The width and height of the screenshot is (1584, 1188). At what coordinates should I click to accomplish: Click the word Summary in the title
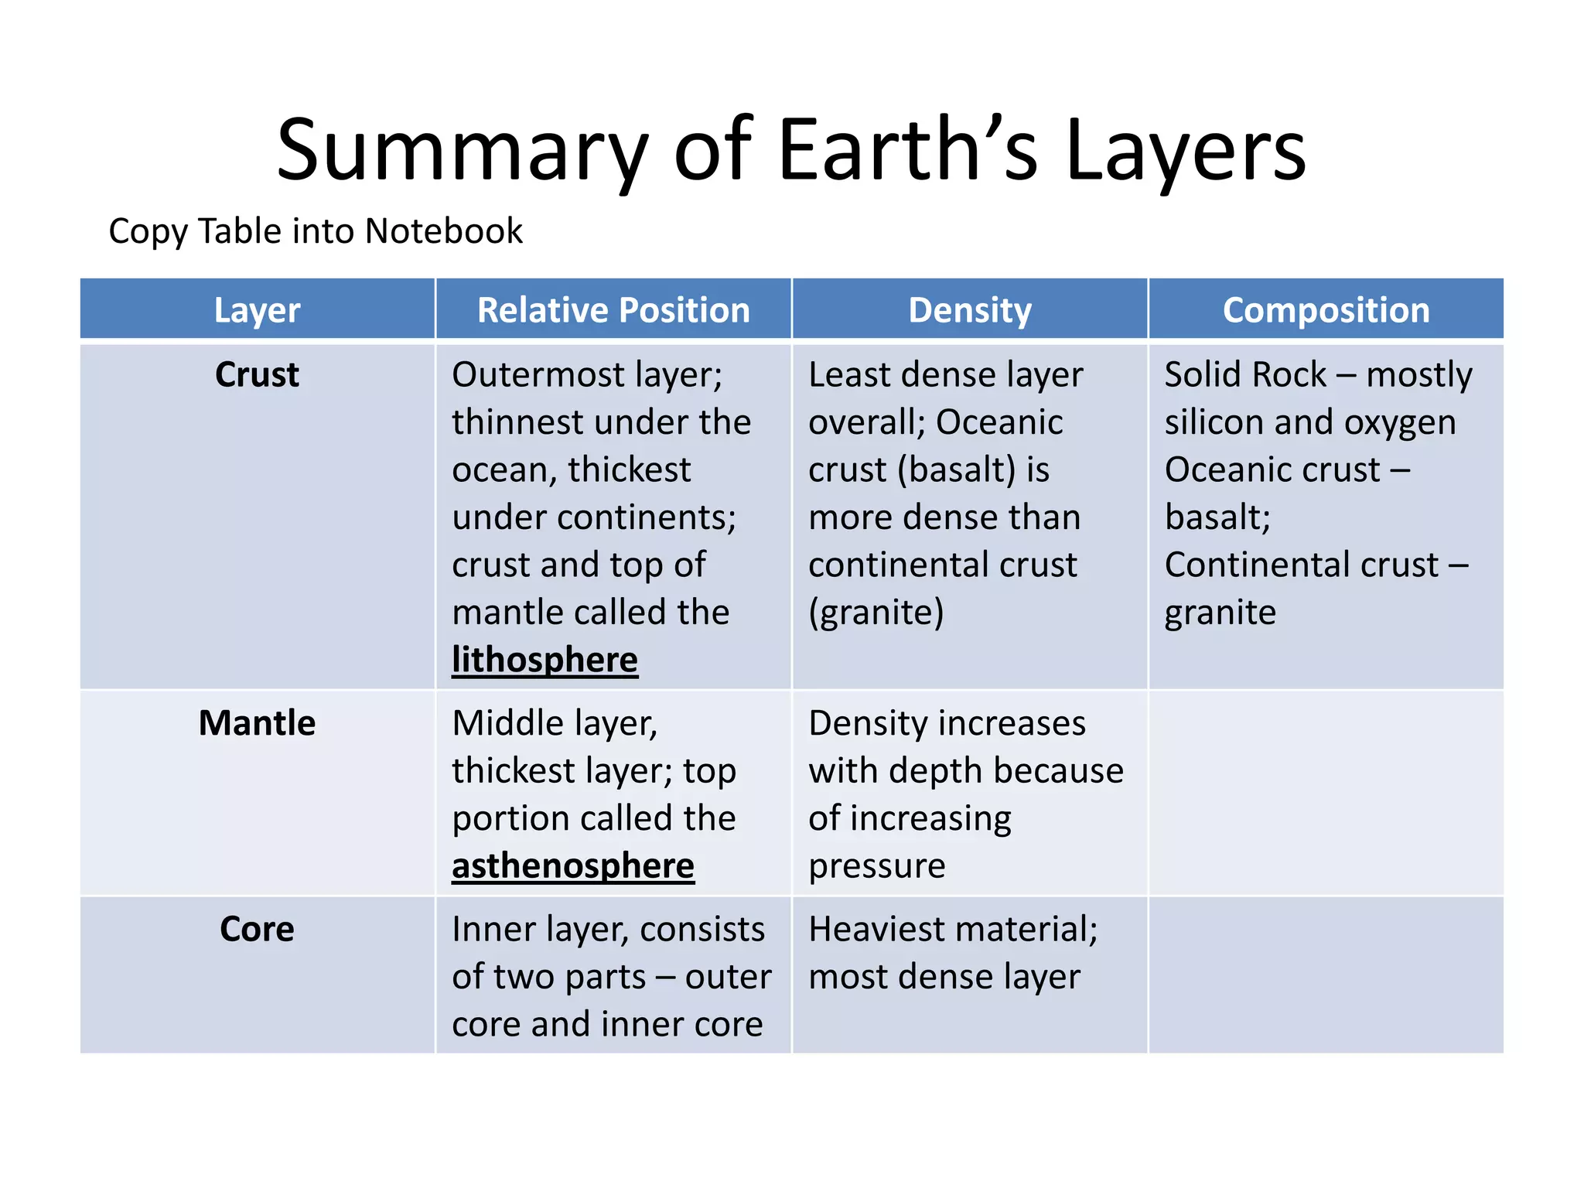(x=461, y=151)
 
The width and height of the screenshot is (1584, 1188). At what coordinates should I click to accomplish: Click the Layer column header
(x=257, y=310)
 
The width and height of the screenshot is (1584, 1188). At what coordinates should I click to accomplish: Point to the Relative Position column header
(x=613, y=310)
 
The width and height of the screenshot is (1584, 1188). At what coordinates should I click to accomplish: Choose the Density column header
(x=970, y=310)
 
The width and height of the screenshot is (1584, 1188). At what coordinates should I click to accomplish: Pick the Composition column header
(x=1326, y=310)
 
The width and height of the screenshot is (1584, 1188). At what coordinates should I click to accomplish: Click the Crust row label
(x=257, y=375)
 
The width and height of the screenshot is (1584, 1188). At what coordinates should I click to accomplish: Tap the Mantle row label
(x=257, y=724)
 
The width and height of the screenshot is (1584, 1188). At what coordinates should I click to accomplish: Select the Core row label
(x=257, y=930)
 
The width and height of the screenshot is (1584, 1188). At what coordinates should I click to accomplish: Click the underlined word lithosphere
(x=544, y=661)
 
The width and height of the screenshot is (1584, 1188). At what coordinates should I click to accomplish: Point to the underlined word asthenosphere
(x=573, y=866)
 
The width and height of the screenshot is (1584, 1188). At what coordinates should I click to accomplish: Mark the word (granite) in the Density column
(x=876, y=613)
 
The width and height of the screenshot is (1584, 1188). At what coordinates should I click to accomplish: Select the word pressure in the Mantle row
(x=876, y=866)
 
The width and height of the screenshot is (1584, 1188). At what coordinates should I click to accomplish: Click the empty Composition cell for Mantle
(x=1326, y=794)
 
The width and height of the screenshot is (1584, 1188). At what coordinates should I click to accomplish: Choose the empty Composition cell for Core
(x=1326, y=975)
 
